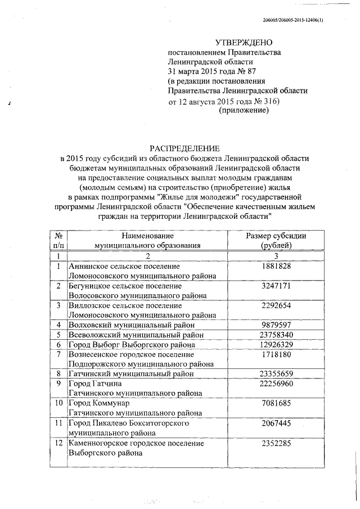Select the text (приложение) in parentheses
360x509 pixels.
(243, 111)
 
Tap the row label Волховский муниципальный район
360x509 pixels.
(132, 325)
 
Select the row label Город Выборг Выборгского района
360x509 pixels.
(132, 345)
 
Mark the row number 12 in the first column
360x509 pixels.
(58, 444)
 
